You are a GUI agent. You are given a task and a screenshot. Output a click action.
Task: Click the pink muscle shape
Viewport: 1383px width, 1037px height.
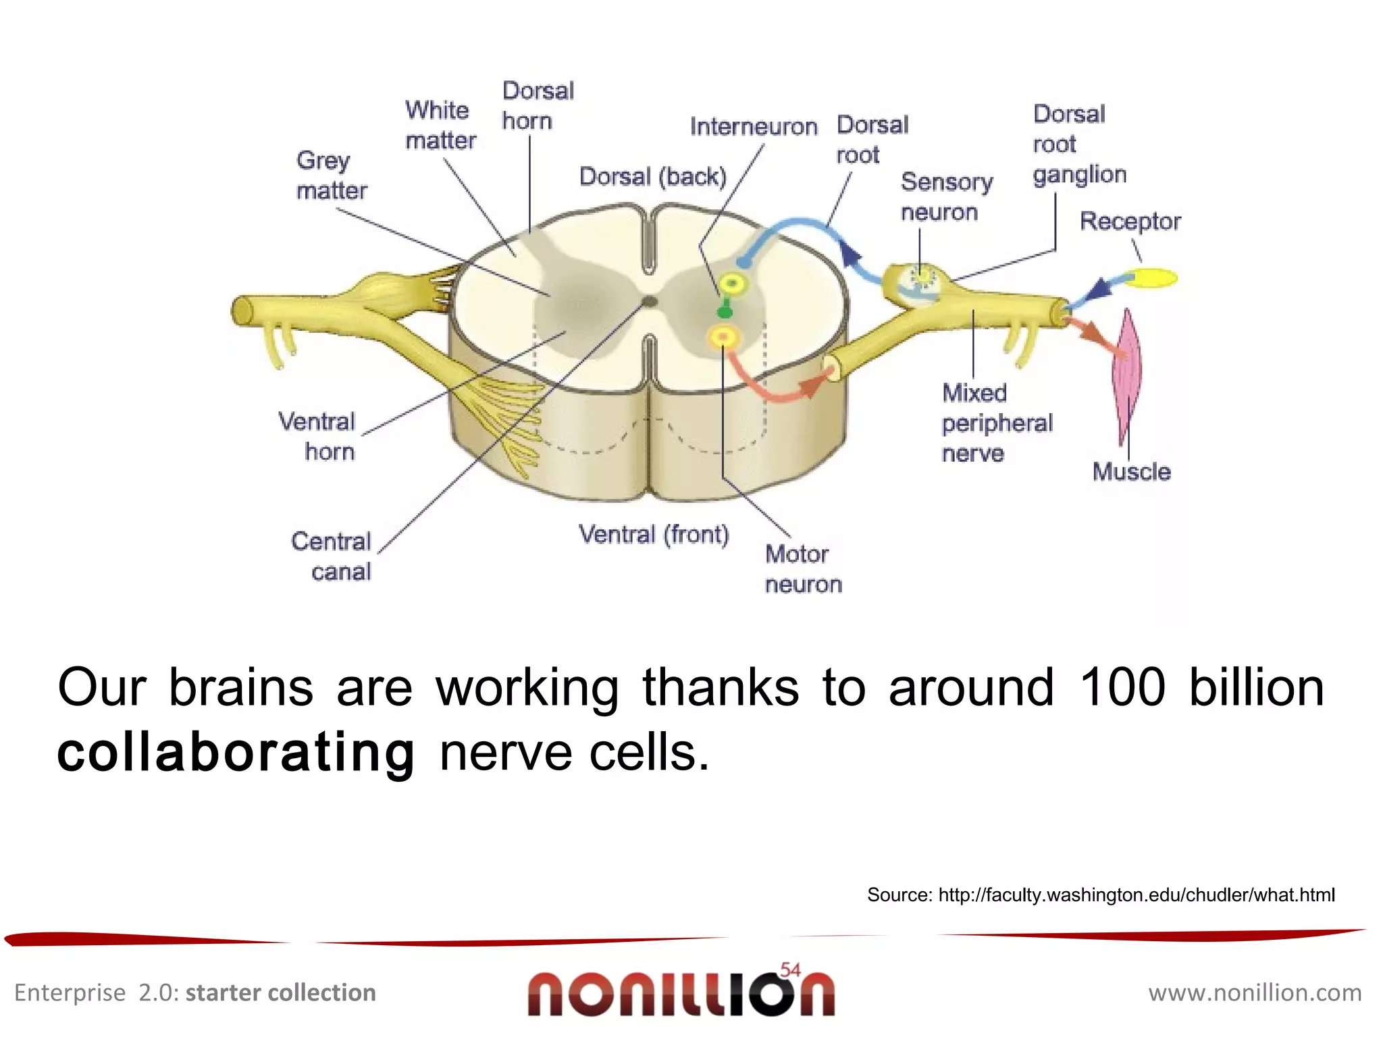[1126, 375]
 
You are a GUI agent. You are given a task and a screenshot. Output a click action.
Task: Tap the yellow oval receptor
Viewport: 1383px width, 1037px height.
[1153, 277]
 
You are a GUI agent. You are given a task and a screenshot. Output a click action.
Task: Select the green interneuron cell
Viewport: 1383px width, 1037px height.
[725, 311]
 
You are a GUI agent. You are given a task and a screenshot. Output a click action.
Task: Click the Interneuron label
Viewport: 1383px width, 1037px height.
[753, 126]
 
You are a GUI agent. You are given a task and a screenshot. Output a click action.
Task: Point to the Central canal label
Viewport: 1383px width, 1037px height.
[332, 556]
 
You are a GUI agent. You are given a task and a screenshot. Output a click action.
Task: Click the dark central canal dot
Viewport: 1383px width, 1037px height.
[649, 302]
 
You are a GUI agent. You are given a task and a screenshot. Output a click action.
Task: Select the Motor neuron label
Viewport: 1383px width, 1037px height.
[802, 569]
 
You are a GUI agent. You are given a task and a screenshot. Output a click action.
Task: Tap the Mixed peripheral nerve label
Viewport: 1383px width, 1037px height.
[996, 423]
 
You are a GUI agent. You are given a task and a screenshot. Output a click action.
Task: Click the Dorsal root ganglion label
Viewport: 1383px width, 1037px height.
[1078, 144]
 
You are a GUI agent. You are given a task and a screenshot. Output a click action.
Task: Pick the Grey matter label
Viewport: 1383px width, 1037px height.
[331, 176]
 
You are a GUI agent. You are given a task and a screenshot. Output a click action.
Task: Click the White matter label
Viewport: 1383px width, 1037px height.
[440, 126]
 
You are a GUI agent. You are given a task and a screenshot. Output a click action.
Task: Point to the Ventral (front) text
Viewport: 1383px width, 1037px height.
[654, 534]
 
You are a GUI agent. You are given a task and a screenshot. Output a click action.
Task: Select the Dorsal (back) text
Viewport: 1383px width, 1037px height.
[652, 177]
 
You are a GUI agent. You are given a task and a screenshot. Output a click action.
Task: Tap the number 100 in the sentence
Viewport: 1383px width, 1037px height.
[1122, 688]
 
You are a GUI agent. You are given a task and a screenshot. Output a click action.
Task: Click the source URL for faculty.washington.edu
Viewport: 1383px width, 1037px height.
[1136, 895]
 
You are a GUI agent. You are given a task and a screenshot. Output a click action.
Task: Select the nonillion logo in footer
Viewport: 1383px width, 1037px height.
[681, 993]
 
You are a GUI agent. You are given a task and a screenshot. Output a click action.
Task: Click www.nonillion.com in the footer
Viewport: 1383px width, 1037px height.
[1255, 993]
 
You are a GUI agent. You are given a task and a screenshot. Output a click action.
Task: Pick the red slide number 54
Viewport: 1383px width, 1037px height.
[789, 970]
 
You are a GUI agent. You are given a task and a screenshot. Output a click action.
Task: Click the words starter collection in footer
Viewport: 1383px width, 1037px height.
[280, 993]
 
